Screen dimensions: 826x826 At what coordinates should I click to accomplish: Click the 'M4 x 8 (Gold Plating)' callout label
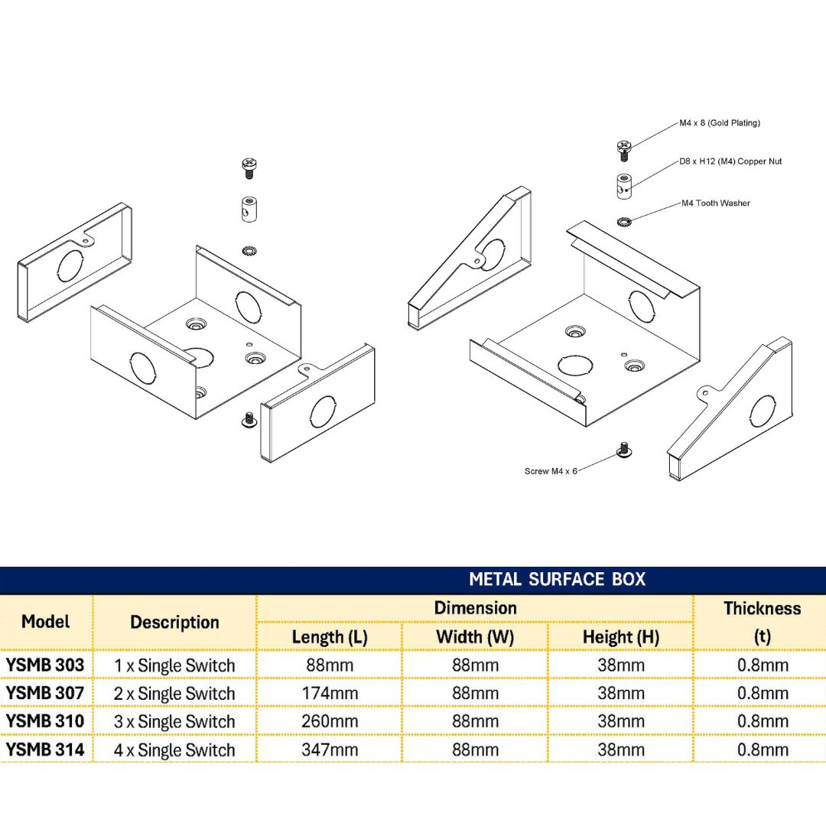click(720, 123)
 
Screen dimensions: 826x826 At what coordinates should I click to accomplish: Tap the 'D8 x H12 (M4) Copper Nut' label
click(730, 162)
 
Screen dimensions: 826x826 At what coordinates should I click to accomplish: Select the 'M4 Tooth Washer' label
click(715, 203)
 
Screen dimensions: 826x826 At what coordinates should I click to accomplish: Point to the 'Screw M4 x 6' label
click(551, 471)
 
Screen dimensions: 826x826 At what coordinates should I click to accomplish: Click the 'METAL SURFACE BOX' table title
click(557, 579)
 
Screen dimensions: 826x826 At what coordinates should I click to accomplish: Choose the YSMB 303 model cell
click(45, 665)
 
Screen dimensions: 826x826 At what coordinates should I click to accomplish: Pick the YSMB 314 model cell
click(45, 750)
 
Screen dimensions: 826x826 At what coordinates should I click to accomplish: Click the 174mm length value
click(330, 694)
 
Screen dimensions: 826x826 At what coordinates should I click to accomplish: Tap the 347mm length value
click(330, 750)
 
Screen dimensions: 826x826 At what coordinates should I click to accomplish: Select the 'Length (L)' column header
click(329, 636)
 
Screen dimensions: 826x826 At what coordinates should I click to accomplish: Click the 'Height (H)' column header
click(620, 636)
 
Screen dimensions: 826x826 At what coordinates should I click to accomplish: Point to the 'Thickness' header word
click(762, 609)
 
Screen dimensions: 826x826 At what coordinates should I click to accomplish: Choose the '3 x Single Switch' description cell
click(174, 722)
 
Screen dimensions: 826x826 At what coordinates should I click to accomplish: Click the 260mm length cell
click(330, 722)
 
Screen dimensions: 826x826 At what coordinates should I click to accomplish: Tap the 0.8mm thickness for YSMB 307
click(762, 694)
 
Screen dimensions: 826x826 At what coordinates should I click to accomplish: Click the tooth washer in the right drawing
click(624, 222)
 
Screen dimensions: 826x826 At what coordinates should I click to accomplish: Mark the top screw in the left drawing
click(249, 167)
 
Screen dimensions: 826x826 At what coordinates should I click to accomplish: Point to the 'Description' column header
click(174, 623)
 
